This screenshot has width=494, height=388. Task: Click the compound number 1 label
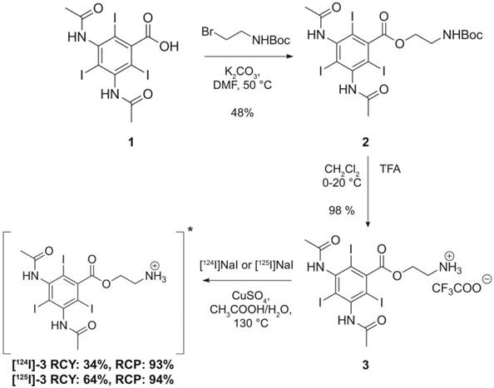pyautogui.click(x=130, y=143)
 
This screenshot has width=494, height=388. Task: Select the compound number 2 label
pyautogui.click(x=365, y=143)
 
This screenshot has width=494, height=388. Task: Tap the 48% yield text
pyautogui.click(x=242, y=112)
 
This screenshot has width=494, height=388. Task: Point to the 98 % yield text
pyautogui.click(x=342, y=210)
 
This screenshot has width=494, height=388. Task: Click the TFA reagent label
pyautogui.click(x=390, y=169)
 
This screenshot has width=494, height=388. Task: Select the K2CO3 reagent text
pyautogui.click(x=242, y=73)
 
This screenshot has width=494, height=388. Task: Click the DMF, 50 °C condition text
pyautogui.click(x=242, y=85)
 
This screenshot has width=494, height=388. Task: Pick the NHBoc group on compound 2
pyautogui.click(x=462, y=35)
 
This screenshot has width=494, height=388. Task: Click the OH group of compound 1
pyautogui.click(x=169, y=47)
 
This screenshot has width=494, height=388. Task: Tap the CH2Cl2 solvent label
pyautogui.click(x=342, y=170)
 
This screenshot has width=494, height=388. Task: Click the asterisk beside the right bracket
pyautogui.click(x=190, y=231)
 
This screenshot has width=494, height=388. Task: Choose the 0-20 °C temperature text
pyautogui.click(x=342, y=182)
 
